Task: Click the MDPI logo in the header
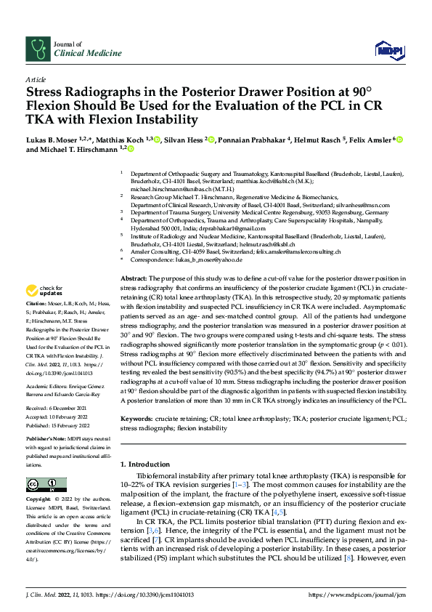point(389,49)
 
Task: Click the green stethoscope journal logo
point(36,49)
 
